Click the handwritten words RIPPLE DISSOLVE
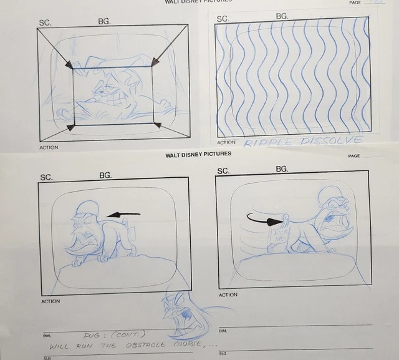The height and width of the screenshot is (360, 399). coord(302,142)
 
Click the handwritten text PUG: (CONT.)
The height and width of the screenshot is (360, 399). coord(110,335)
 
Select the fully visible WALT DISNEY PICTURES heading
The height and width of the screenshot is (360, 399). coord(198,154)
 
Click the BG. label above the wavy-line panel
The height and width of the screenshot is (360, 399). coord(282,16)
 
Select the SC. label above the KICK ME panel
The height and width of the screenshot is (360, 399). coord(223,171)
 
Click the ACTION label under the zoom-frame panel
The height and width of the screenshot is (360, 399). coord(49,148)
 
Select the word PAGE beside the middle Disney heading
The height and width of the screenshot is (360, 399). coord(354,156)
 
